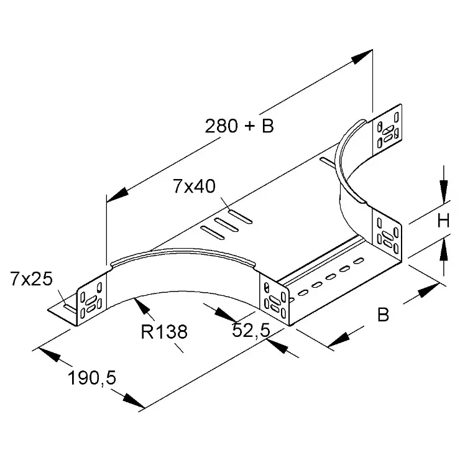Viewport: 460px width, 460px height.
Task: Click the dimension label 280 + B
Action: (x=239, y=126)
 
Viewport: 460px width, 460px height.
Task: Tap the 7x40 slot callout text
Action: (x=194, y=186)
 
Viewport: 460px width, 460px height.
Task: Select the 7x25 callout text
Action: (x=31, y=278)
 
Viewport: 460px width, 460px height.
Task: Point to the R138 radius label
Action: (x=164, y=332)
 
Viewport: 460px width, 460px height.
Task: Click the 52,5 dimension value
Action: (x=251, y=331)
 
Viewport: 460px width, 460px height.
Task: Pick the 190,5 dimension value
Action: (x=92, y=378)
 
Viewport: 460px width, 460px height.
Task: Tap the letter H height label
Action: (x=443, y=221)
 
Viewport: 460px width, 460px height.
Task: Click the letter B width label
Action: (x=383, y=315)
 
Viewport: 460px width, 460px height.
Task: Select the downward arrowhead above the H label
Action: (x=444, y=191)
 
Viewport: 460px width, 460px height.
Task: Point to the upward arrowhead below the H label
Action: (x=444, y=249)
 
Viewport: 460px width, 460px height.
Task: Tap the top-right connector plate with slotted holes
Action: (x=387, y=130)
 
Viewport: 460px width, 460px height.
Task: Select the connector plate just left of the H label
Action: (x=387, y=235)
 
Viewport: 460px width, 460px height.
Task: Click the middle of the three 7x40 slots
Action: (x=226, y=225)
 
